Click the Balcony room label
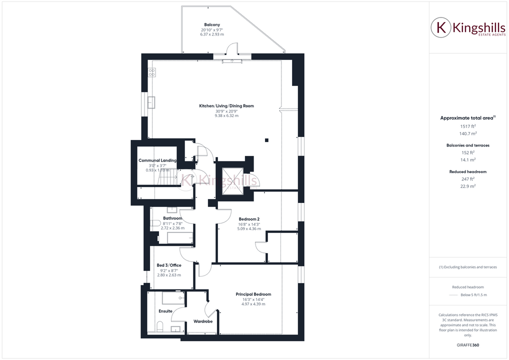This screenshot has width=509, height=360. (212, 24)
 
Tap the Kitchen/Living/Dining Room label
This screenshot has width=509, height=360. (226, 106)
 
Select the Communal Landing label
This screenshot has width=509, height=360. (158, 160)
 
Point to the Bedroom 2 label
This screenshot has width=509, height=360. (249, 219)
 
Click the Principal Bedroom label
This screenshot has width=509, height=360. (253, 294)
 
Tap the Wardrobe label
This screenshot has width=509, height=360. (203, 321)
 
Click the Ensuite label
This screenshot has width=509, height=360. (165, 311)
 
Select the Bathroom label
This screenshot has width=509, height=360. (172, 218)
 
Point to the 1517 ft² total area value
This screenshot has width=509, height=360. (467, 126)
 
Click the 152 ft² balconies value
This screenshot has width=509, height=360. (467, 152)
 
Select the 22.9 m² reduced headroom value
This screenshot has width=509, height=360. (467, 186)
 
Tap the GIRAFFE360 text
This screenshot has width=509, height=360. (467, 345)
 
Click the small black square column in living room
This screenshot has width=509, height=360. (267, 140)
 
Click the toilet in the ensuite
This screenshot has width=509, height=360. (160, 326)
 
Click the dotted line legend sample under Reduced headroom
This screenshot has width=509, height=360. (453, 295)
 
